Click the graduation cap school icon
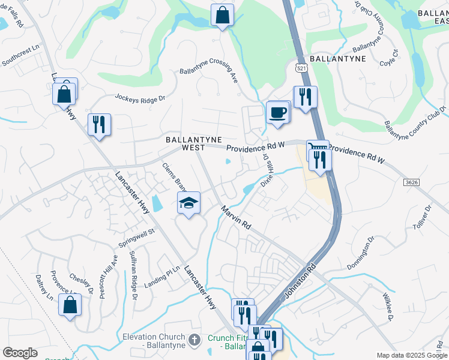point(188,203)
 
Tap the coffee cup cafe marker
point(277,112)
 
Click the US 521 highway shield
point(302,69)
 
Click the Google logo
point(20,353)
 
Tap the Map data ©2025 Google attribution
point(411,355)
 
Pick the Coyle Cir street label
point(388,58)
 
